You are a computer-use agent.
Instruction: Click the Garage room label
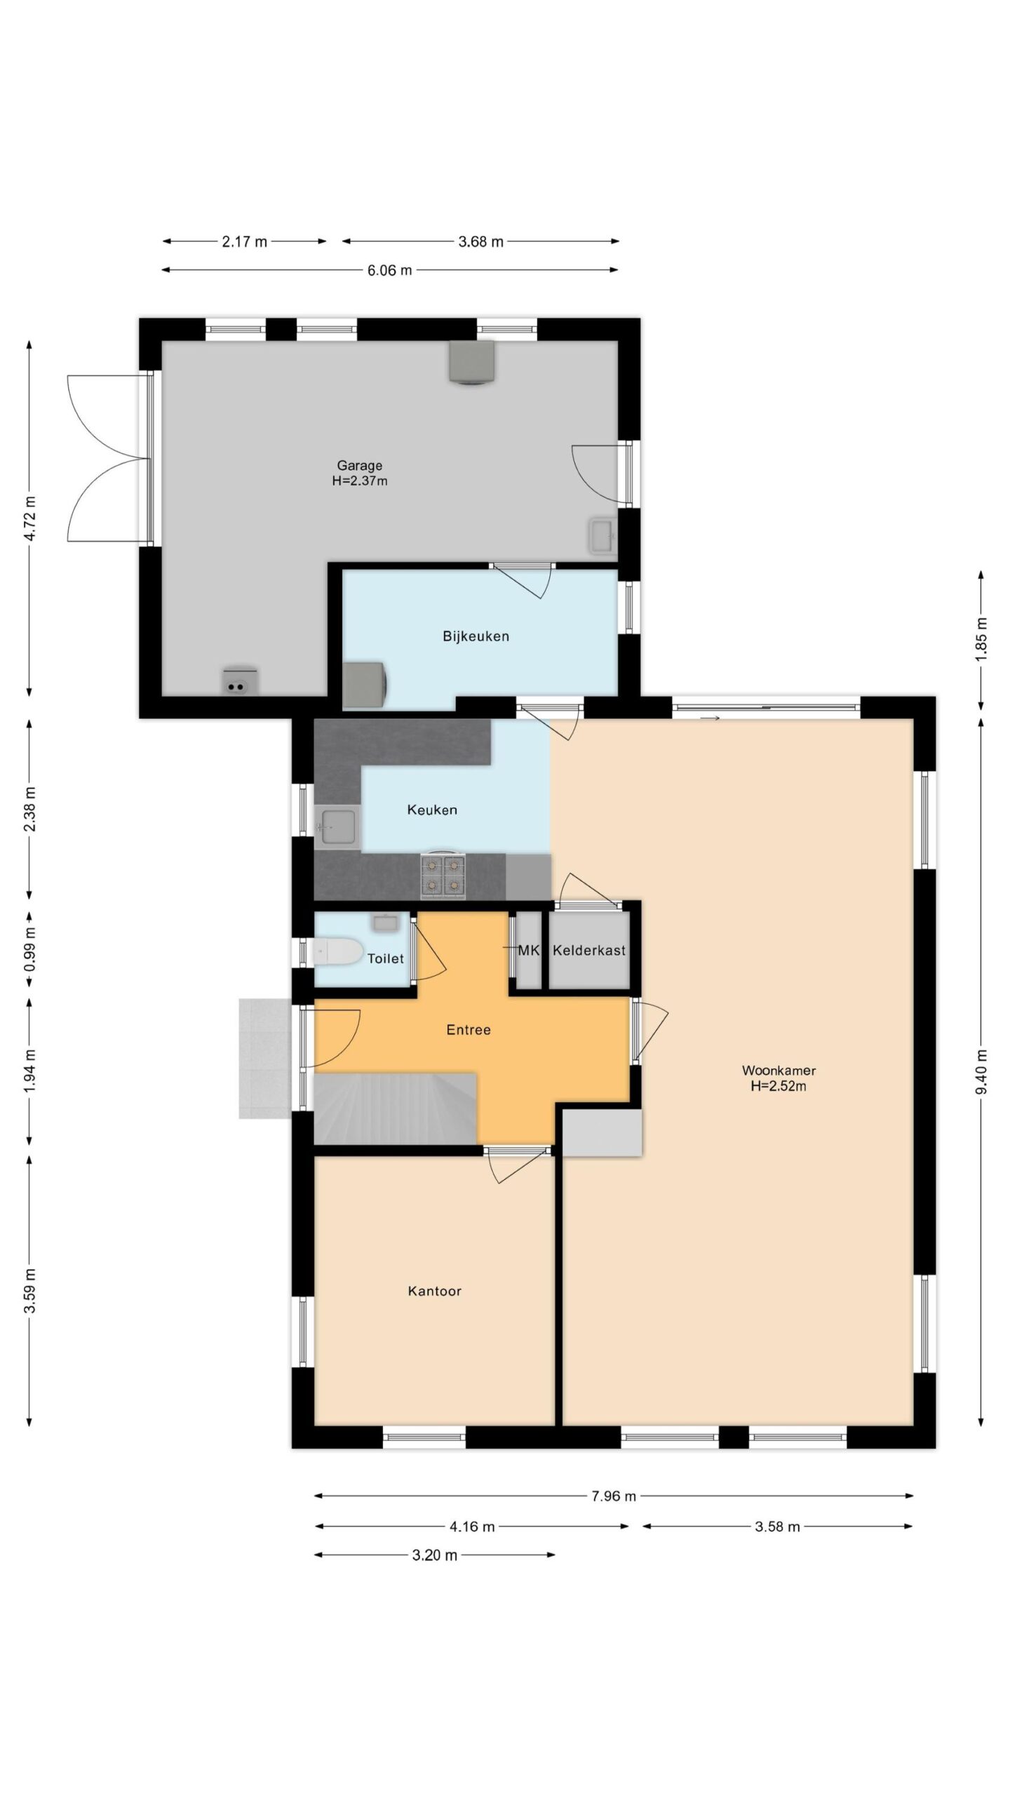click(359, 465)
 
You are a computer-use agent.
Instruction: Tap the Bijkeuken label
click(476, 636)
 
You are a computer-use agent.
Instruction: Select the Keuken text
click(432, 810)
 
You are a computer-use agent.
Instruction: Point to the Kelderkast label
click(588, 950)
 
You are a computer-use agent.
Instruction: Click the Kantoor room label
click(434, 1291)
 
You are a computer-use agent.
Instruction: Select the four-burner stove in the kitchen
click(443, 876)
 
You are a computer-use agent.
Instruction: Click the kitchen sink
click(337, 828)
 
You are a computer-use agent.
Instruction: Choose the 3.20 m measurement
click(435, 1555)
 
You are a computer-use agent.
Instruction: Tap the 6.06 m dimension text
click(390, 270)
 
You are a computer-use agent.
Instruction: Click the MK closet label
click(528, 950)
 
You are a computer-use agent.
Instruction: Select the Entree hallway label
click(469, 1029)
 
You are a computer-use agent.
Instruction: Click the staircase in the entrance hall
click(396, 1108)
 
